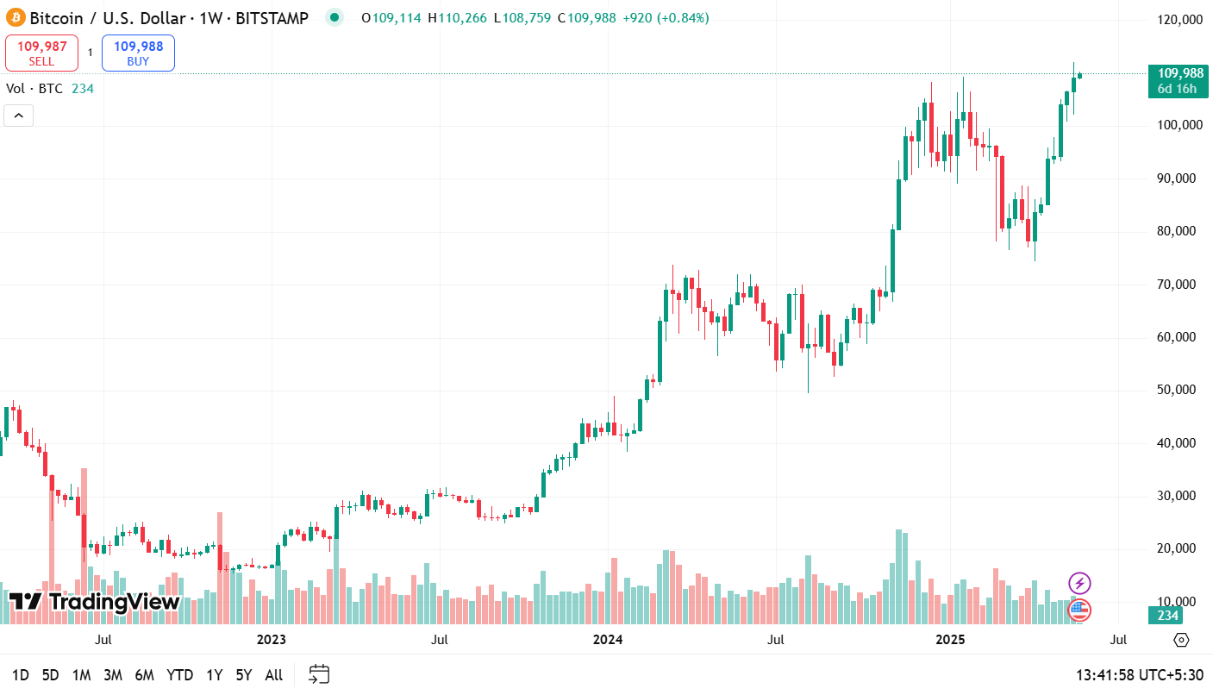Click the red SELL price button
[x=41, y=53]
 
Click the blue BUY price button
[x=138, y=53]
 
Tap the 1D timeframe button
[x=21, y=675]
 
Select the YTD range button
[x=179, y=675]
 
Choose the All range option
[x=273, y=675]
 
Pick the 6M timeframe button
[x=145, y=675]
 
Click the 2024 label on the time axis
[x=608, y=640]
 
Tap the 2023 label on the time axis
[x=271, y=640]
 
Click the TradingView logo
[x=94, y=601]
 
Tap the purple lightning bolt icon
[x=1079, y=583]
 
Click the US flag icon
[x=1079, y=610]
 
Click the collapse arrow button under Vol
[x=19, y=116]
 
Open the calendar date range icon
[x=319, y=674]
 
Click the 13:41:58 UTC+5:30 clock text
[x=1139, y=675]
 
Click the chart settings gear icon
[x=1181, y=640]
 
